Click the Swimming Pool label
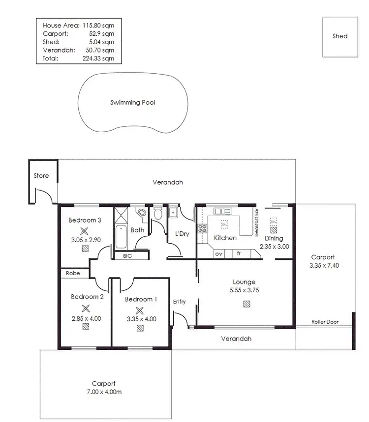[x=133, y=103]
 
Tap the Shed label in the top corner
[x=339, y=36]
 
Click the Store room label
[x=41, y=175]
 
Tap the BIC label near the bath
[x=127, y=255]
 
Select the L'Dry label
[x=182, y=234]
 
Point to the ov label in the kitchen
[x=218, y=253]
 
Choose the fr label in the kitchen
[x=239, y=253]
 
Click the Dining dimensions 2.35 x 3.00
[x=274, y=247]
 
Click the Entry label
[x=180, y=302]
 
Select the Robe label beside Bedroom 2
[x=69, y=273]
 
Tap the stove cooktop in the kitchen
[x=202, y=227]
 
